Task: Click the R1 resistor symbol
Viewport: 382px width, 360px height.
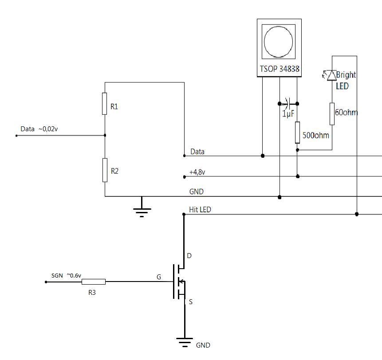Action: (105, 104)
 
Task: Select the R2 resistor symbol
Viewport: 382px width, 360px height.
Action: (105, 170)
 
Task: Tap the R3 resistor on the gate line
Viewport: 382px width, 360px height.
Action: (94, 282)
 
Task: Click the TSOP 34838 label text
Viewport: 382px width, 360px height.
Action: (279, 69)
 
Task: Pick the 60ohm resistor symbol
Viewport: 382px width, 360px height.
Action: (332, 114)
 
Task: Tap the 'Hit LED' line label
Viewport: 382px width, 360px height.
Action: (200, 210)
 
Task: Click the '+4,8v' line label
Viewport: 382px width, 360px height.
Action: (197, 172)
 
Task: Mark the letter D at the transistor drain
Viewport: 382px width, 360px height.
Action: (189, 256)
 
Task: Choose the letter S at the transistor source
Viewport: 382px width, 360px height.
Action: (191, 302)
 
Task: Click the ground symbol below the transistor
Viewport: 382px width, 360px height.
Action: (184, 341)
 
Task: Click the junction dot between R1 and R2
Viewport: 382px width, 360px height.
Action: (105, 136)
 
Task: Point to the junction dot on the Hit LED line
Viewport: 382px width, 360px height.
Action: (357, 215)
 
